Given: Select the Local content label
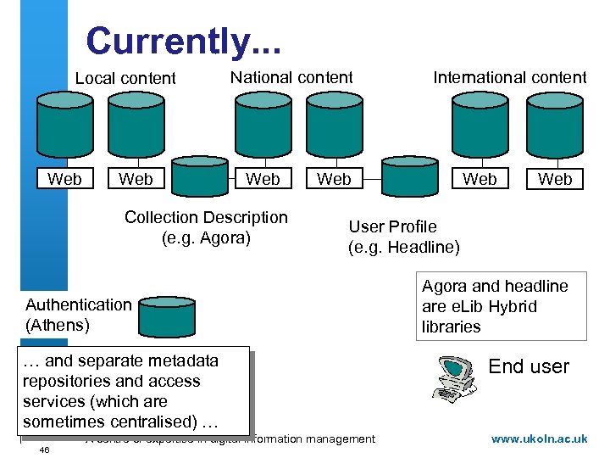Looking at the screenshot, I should coord(125,78).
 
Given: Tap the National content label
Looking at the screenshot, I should coord(291,77).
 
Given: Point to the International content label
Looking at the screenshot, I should coord(509,77).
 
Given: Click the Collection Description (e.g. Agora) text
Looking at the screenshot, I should coord(206,227).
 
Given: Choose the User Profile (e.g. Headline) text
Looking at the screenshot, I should coord(404,237).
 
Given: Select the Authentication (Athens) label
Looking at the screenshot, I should coord(78,314).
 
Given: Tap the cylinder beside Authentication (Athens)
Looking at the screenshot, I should coord(168,316).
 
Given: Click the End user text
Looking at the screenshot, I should coord(529,366).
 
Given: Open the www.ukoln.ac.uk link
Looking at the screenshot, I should coord(539,438).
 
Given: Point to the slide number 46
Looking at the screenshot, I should coord(44,450).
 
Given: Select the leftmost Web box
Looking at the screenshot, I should coord(65,179).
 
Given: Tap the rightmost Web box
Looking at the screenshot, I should coord(555,179).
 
